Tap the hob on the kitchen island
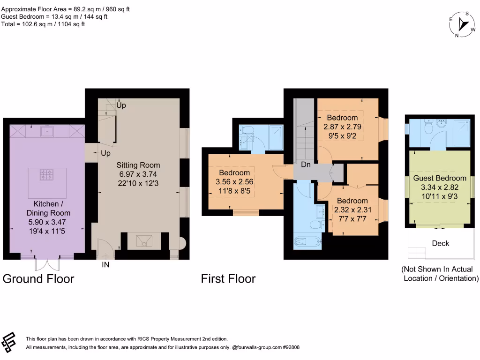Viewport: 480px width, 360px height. [x=47, y=175]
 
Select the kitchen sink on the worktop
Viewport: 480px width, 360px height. [x=47, y=132]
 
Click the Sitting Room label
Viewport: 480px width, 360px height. [x=138, y=165]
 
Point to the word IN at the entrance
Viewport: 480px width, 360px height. [x=105, y=265]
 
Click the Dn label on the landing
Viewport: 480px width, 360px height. [x=306, y=165]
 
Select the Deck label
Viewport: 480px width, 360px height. [x=441, y=243]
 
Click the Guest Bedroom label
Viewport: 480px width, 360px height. [x=440, y=178]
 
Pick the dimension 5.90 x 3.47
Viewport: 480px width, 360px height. [x=47, y=222]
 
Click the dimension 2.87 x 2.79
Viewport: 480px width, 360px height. [x=342, y=127]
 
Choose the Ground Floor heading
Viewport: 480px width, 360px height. [x=38, y=279]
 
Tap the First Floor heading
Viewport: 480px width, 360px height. [x=228, y=279]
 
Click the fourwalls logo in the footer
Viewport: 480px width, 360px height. [x=8, y=342]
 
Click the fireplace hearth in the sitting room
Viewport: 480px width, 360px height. [x=144, y=241]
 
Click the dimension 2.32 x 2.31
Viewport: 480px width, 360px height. [x=352, y=210]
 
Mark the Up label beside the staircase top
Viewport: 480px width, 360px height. [x=121, y=105]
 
